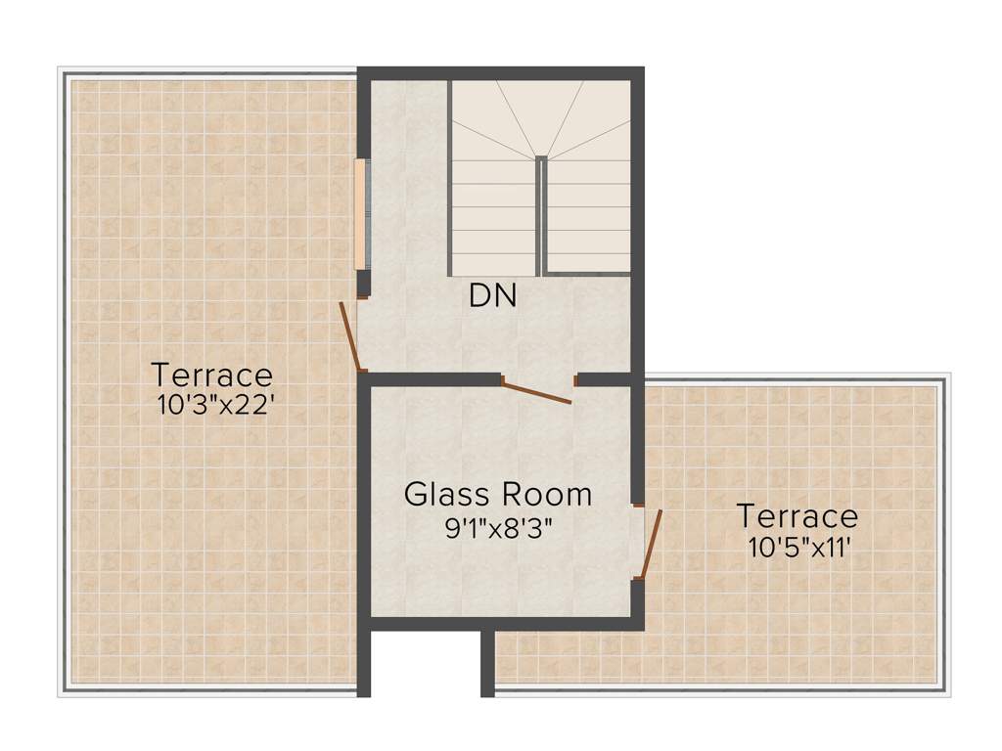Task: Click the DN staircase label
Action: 492,295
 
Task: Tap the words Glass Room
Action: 498,494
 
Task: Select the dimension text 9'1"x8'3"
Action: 499,529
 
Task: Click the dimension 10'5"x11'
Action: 797,548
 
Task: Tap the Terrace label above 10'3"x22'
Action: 211,375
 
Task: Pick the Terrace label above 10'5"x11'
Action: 797,515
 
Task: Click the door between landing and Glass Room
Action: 536,391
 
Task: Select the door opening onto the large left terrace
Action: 351,337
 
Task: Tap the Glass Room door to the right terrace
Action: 651,544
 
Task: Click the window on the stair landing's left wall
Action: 361,212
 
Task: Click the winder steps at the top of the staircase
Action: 540,117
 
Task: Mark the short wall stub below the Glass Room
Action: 487,663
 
